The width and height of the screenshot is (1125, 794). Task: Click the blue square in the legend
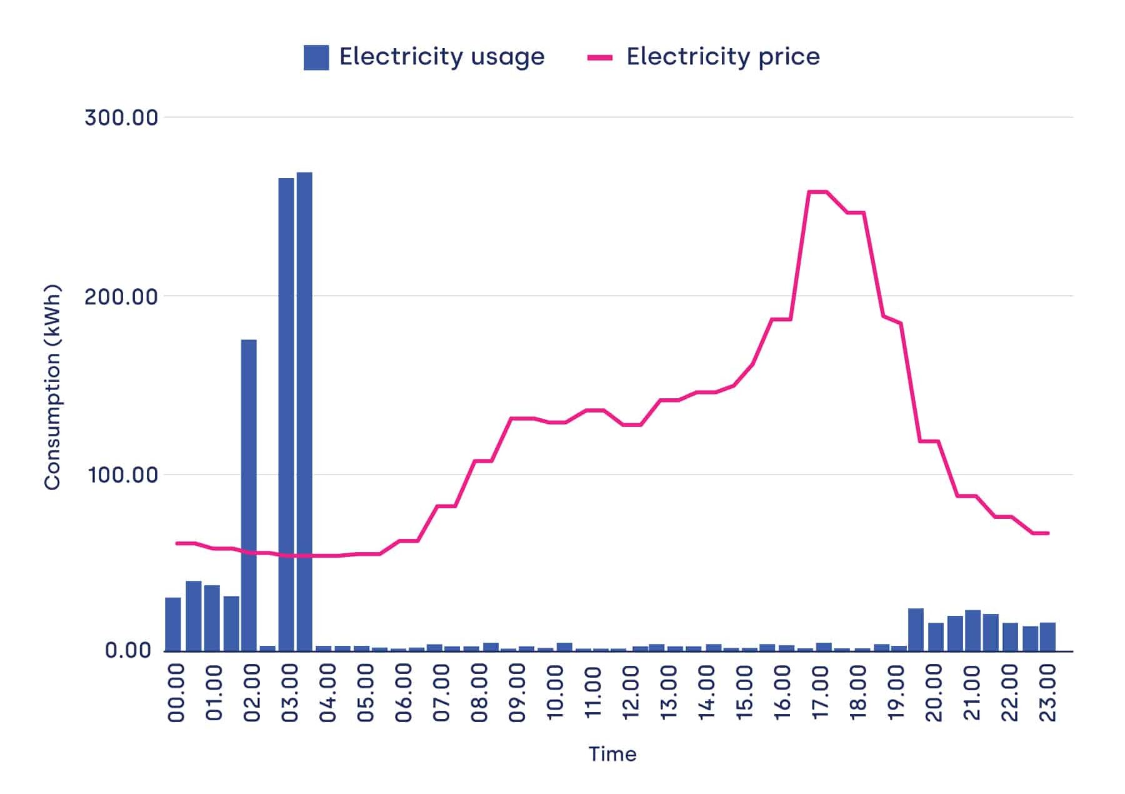[316, 58]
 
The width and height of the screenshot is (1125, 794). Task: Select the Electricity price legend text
[722, 57]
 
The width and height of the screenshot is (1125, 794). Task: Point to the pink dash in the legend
[600, 58]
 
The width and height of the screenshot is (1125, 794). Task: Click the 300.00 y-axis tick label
[121, 118]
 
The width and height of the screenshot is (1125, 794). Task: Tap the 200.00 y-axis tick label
[121, 296]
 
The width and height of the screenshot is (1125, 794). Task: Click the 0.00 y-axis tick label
[128, 650]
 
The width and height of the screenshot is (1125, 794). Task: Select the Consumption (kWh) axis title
[52, 388]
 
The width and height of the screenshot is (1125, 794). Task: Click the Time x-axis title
[612, 754]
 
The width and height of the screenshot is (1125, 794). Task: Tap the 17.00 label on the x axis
[820, 693]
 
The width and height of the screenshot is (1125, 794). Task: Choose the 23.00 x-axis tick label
[1047, 693]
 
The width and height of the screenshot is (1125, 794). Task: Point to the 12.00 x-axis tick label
[631, 693]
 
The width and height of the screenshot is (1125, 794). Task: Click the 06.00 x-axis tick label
[404, 693]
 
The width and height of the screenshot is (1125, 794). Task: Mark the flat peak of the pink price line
[818, 192]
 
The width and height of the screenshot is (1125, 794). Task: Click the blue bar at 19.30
[916, 630]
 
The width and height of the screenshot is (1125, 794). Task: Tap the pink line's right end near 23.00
[1048, 533]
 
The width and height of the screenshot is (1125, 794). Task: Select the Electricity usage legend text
[442, 57]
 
